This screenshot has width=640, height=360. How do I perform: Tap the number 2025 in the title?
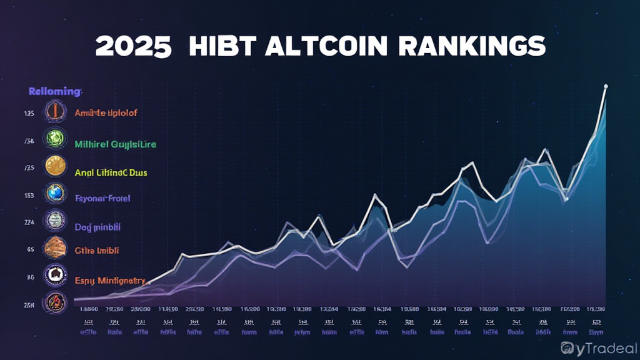(x=133, y=47)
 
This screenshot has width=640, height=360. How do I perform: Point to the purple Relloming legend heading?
(x=55, y=92)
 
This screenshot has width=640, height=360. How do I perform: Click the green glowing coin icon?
(x=54, y=139)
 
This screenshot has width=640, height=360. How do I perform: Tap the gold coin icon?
(x=55, y=166)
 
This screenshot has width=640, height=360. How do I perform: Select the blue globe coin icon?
(x=54, y=194)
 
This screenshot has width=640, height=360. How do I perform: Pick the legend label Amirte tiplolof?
(x=106, y=113)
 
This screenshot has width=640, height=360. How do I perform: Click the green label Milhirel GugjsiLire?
(x=115, y=144)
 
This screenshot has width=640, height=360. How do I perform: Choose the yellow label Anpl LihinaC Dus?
(x=111, y=172)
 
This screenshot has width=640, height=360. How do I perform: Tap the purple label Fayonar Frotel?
(x=102, y=199)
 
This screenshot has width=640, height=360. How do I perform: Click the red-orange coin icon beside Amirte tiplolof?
(x=55, y=112)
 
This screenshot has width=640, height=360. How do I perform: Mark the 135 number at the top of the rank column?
(x=29, y=114)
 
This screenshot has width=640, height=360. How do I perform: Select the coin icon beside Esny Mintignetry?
(x=54, y=276)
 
